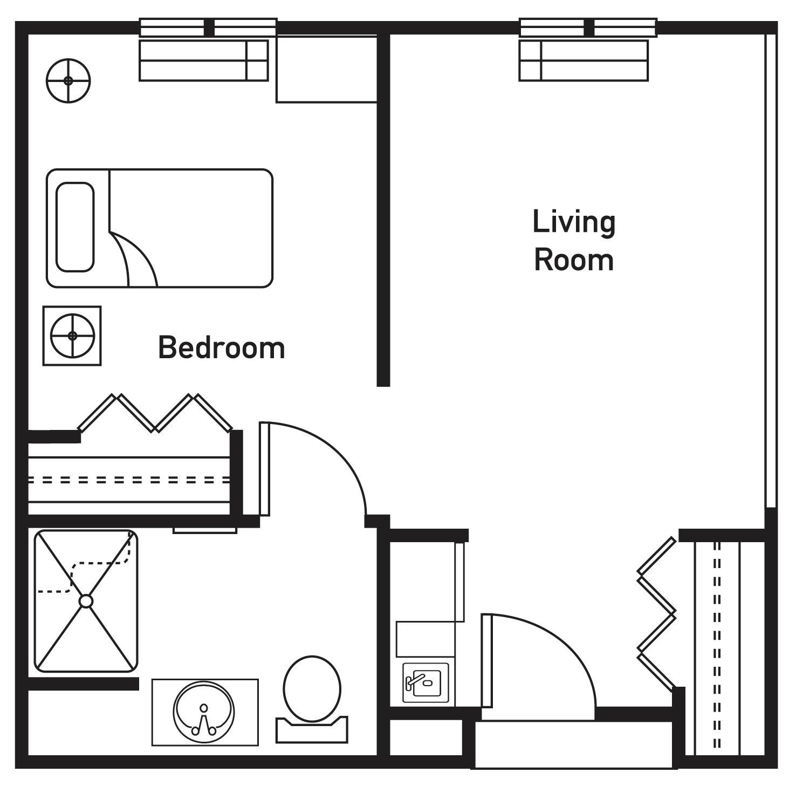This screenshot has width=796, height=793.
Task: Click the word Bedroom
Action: coord(222,348)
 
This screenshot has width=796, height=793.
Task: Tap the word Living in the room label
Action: coord(574,222)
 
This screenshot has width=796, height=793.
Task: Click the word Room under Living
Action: coord(574,260)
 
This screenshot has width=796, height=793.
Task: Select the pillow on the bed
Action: coord(75,227)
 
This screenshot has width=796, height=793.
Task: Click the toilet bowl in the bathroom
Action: coord(312,688)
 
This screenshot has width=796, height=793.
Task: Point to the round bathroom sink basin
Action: coord(204,713)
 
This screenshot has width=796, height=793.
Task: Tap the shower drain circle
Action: coord(86,601)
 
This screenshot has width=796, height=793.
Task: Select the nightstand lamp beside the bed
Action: coord(72,336)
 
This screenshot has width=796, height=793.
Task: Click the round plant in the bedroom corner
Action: coord(68,81)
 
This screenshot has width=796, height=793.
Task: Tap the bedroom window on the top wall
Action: coord(208,28)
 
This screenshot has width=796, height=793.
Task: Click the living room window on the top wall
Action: coord(588,28)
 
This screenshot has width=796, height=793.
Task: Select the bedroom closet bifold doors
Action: coord(155,413)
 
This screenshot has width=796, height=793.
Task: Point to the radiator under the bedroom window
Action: coord(204,60)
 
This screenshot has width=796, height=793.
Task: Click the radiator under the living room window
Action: coord(584,60)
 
